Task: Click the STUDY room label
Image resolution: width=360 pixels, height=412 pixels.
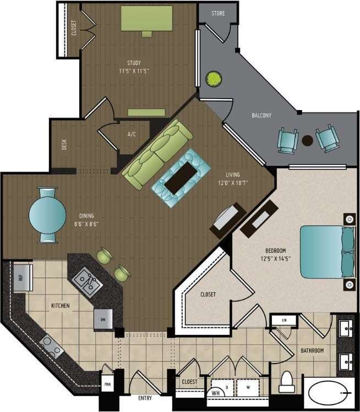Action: (134, 63)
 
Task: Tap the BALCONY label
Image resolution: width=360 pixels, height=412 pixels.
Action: (261, 116)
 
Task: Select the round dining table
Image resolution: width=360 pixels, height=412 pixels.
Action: (47, 216)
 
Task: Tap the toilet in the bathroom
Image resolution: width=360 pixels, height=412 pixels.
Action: (286, 382)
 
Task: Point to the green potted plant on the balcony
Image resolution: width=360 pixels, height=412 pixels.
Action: (212, 79)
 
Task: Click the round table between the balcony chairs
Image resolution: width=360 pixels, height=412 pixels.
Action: (307, 140)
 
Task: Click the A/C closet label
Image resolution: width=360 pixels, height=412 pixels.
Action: (132, 134)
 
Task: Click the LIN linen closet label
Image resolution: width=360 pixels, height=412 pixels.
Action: (284, 320)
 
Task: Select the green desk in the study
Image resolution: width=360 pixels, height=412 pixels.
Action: (146, 18)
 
